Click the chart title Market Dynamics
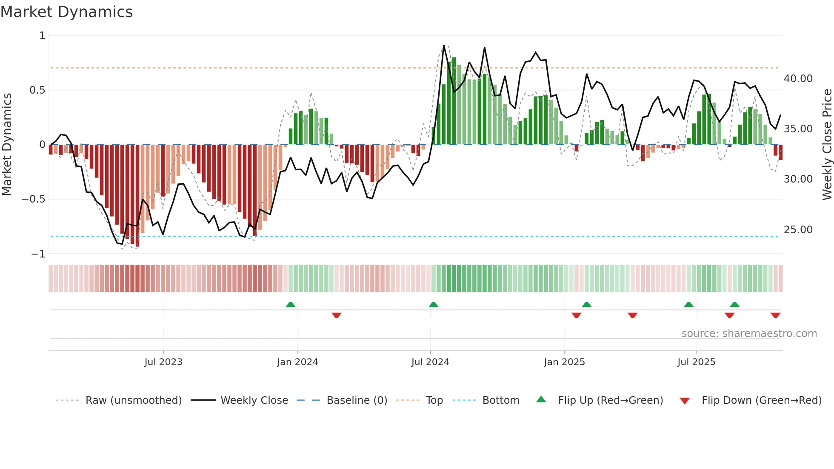[x=66, y=12]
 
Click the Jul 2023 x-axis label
[x=163, y=362]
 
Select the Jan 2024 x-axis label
[x=297, y=362]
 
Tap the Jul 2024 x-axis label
[x=430, y=362]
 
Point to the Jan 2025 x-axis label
[x=564, y=362]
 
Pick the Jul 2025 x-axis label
[x=696, y=362]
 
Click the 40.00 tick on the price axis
[x=798, y=79]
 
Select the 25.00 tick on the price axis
[x=798, y=230]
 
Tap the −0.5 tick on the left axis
[x=33, y=199]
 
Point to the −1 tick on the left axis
[x=38, y=254]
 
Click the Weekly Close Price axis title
[x=827, y=144]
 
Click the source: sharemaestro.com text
[x=749, y=334]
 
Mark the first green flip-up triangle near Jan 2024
[x=291, y=304]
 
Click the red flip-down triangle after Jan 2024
[x=337, y=315]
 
